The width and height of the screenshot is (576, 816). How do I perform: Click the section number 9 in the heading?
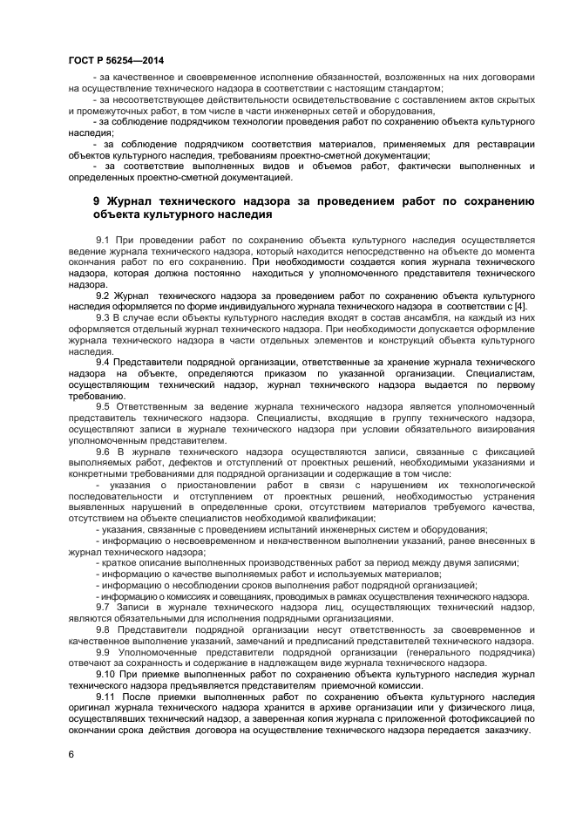coord(97,201)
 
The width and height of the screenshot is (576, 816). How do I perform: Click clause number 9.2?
coord(101,295)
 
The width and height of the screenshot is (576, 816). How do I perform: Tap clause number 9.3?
coord(102,317)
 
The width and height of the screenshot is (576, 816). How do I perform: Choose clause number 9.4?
coord(102,362)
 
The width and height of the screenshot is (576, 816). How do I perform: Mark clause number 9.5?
coord(102,407)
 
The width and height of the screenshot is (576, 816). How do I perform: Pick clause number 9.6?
coord(102,452)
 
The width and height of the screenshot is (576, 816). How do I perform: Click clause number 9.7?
coord(102,607)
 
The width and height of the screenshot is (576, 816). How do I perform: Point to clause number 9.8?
coord(102,629)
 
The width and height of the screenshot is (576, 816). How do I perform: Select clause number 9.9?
coord(102,652)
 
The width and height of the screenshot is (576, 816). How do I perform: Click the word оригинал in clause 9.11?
coord(91,709)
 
